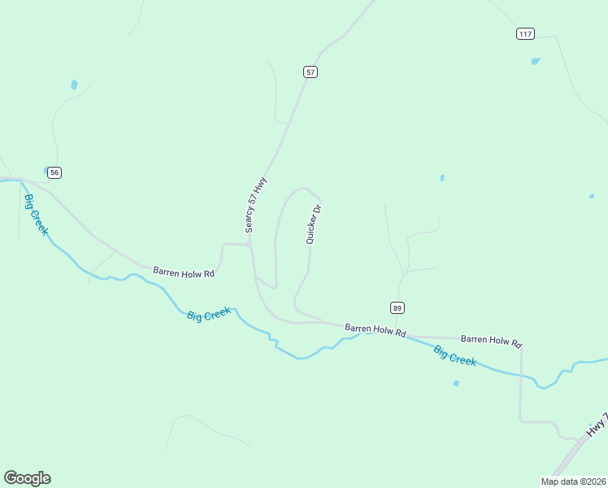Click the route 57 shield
[x=311, y=72]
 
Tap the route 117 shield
[x=525, y=33]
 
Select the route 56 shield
[x=54, y=172]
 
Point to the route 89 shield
[x=397, y=307]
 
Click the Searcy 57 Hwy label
[x=256, y=206]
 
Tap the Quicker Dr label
[x=314, y=224]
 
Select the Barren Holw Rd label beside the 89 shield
[x=375, y=329]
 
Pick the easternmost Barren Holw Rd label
[x=490, y=339]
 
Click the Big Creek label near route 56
[x=36, y=215]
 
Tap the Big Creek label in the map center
[x=208, y=314]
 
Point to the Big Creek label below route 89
[x=454, y=355]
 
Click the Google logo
[x=27, y=478]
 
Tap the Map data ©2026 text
[x=573, y=481]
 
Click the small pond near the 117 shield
[x=535, y=61]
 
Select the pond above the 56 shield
[x=74, y=84]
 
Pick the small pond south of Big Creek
[x=456, y=383]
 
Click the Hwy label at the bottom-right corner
[x=597, y=426]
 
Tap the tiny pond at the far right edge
[x=591, y=196]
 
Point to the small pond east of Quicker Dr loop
[x=442, y=177]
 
